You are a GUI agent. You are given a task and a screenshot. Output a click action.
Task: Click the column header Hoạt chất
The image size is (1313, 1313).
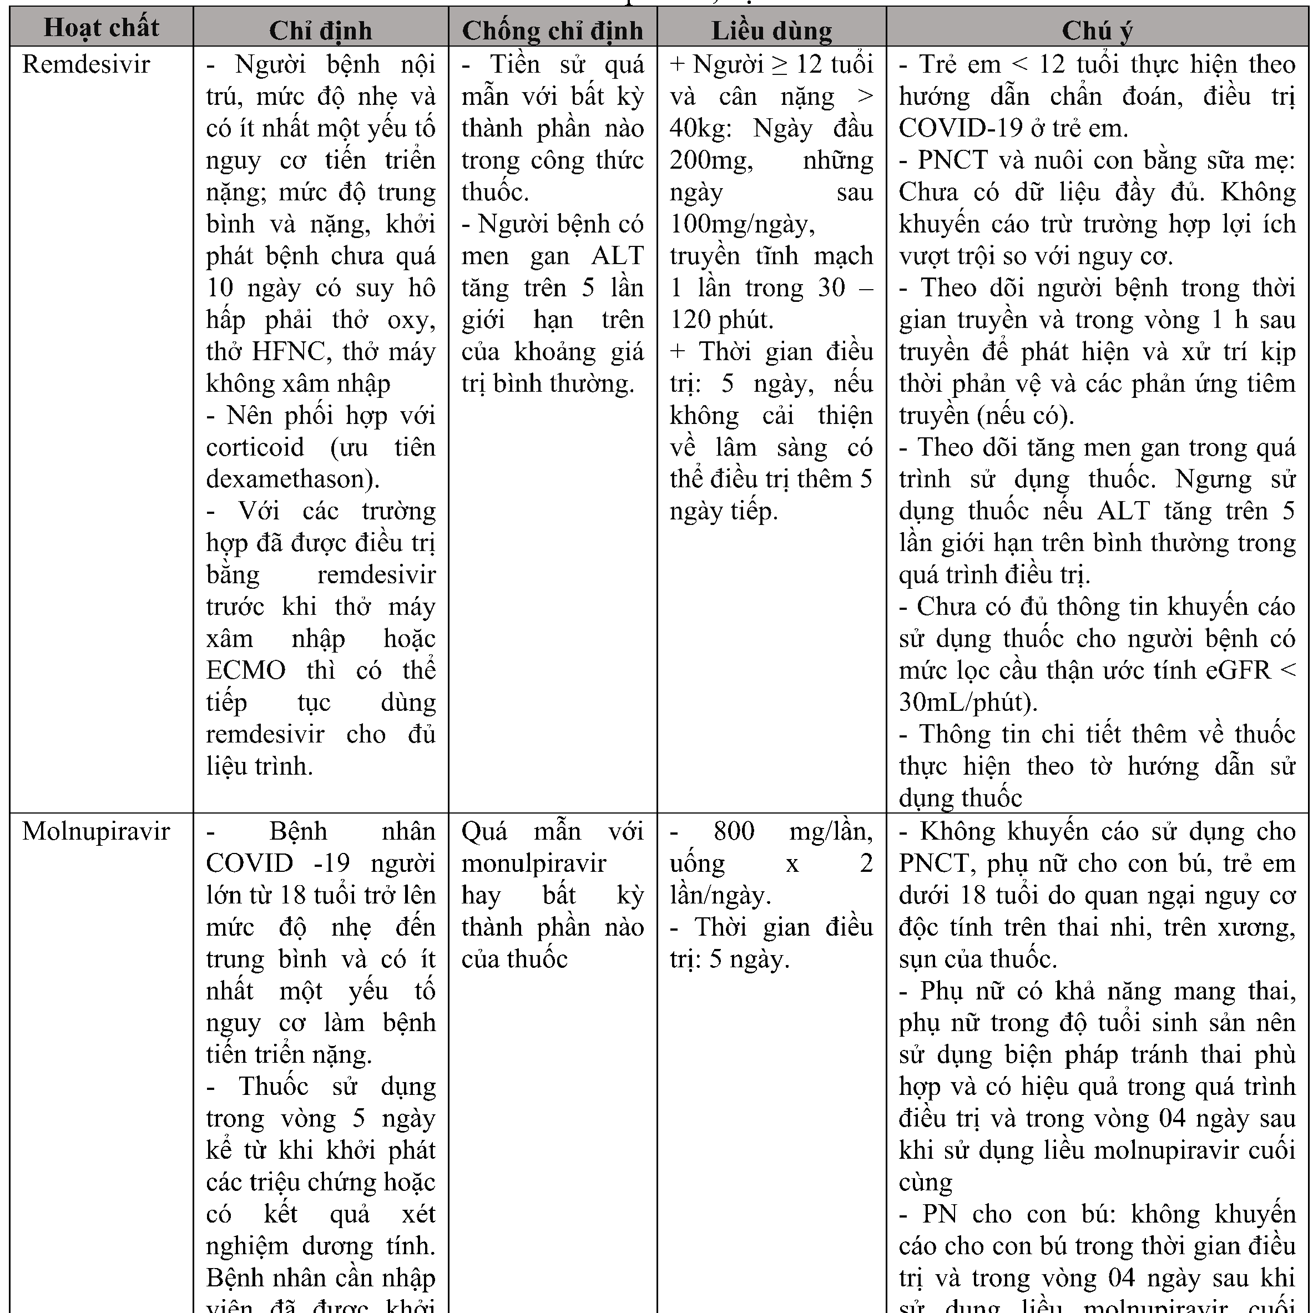coord(101,28)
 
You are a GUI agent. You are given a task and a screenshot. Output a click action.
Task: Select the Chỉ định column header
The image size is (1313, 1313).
coord(320,31)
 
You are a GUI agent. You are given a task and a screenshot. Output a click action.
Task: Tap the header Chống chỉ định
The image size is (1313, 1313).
coord(553,31)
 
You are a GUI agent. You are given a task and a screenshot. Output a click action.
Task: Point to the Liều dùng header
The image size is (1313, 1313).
coord(771,31)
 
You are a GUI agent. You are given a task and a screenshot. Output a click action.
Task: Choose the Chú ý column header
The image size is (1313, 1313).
coord(1097,31)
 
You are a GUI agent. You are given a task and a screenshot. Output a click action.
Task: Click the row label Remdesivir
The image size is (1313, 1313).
coord(87,64)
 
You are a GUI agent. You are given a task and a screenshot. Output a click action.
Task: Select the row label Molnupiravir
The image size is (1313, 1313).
coord(96,831)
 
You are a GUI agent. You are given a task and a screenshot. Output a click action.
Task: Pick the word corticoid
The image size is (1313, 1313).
coord(255,447)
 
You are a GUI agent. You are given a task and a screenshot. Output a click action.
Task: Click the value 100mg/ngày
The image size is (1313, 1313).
coord(741,224)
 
